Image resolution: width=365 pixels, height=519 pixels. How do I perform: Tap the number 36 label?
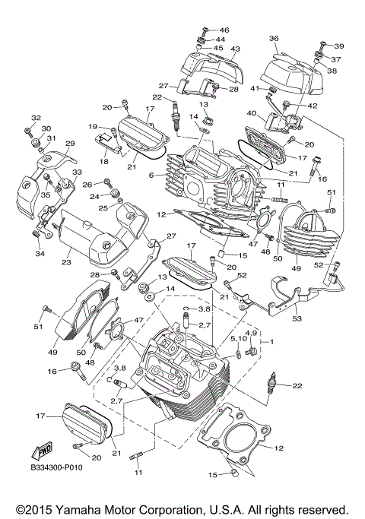274,38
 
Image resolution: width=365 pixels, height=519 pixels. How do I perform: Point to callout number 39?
339,46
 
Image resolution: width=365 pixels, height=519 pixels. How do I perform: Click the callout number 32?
35,118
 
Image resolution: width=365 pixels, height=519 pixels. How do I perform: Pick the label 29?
70,144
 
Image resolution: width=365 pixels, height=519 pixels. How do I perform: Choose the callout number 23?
65,262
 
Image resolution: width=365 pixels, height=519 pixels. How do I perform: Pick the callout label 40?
252,113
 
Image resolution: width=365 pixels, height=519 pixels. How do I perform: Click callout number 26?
87,185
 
